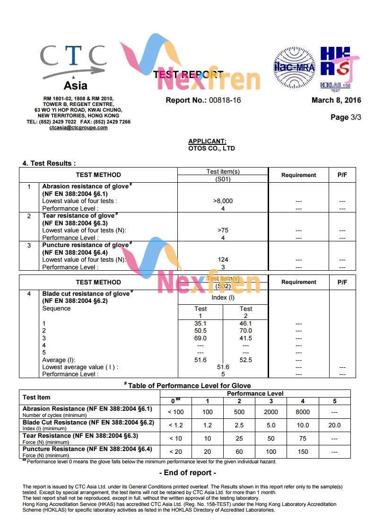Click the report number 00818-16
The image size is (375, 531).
point(225,100)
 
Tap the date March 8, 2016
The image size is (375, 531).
point(336,100)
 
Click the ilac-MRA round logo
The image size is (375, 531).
point(294,67)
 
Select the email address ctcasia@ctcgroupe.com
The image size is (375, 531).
point(78,128)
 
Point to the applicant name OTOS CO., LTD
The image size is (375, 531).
point(211,148)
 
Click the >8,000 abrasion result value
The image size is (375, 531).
point(223,201)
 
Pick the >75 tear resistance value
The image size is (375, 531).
point(223,230)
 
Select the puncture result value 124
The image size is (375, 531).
point(223,259)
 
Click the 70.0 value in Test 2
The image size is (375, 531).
point(245,331)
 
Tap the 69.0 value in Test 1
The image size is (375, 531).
point(201,338)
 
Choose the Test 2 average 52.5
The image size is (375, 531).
point(245,360)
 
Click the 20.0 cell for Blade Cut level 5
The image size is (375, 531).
point(334,425)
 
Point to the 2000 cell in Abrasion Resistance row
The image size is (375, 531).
point(271,412)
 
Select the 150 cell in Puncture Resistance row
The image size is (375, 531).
point(303,451)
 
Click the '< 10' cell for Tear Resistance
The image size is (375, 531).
point(175,438)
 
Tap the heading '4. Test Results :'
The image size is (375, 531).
point(49,163)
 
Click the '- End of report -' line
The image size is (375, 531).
point(188,472)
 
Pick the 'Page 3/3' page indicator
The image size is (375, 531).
point(346,117)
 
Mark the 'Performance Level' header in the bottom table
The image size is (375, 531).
point(255,393)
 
